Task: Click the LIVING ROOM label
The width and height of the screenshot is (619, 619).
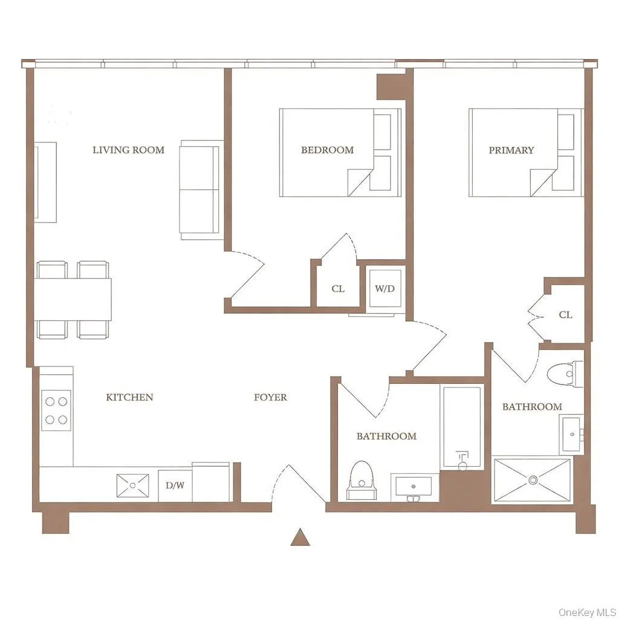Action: point(128,150)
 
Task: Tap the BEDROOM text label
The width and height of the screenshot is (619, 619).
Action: point(327,150)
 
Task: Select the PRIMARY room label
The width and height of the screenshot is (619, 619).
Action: point(511,150)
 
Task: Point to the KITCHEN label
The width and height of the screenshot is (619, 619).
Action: point(129,397)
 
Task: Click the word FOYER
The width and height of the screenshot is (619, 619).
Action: point(270,397)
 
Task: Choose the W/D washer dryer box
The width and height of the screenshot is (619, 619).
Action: point(384,288)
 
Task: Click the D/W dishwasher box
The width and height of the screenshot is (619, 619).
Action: point(175,485)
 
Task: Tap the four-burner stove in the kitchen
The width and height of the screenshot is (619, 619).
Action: point(56,410)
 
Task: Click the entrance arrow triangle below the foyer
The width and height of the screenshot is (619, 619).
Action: point(300,537)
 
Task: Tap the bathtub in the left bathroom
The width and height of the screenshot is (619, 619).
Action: point(462,427)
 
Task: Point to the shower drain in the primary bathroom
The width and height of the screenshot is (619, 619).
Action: point(533,480)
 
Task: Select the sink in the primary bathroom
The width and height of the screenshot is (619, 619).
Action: point(572,433)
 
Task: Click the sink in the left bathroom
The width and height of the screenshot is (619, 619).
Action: point(413,486)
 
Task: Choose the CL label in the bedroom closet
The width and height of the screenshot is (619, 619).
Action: point(338,289)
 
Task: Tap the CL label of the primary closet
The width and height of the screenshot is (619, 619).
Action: point(565,315)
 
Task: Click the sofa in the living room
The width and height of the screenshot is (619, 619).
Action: point(199,189)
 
